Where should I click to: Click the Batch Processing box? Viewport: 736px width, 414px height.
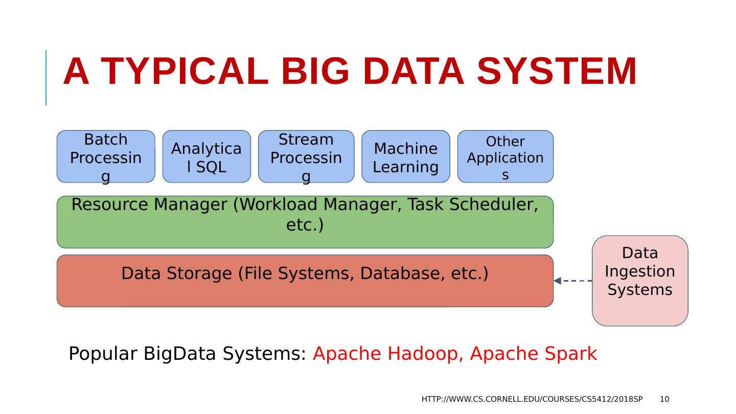[x=106, y=156]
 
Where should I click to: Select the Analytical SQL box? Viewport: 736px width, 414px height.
[x=206, y=156]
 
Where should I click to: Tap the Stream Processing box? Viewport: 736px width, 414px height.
[x=306, y=156]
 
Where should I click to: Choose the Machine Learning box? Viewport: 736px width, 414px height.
[x=406, y=156]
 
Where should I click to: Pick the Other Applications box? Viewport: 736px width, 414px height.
[x=505, y=156]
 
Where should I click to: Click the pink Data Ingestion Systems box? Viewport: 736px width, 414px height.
[x=640, y=281]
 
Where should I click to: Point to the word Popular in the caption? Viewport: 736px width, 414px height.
[x=103, y=354]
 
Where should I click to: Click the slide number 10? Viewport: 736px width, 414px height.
[x=664, y=399]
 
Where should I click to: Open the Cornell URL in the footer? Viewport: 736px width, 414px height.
[x=532, y=399]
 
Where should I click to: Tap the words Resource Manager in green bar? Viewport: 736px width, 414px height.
[x=149, y=204]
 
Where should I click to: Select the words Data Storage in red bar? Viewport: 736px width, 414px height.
[x=176, y=273]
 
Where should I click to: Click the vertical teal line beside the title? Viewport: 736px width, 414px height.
[x=46, y=78]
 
